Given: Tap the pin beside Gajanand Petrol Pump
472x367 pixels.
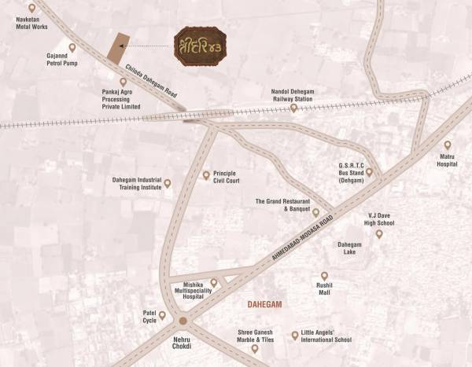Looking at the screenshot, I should (x=73, y=47).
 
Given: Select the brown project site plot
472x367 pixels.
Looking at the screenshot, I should (x=118, y=46).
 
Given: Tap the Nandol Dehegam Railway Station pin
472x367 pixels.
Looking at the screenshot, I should (x=293, y=108).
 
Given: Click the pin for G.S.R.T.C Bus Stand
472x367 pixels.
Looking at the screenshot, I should (x=369, y=171).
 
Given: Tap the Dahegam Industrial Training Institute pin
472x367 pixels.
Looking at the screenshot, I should (x=167, y=183).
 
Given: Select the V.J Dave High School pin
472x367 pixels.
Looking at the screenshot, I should (x=378, y=233).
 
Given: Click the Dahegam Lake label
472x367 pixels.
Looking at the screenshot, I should (x=349, y=248).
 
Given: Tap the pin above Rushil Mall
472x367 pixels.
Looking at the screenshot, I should (x=324, y=275).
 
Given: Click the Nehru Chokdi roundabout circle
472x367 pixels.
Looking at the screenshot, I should (x=183, y=321).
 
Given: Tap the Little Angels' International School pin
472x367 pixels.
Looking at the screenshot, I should (x=295, y=335).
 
